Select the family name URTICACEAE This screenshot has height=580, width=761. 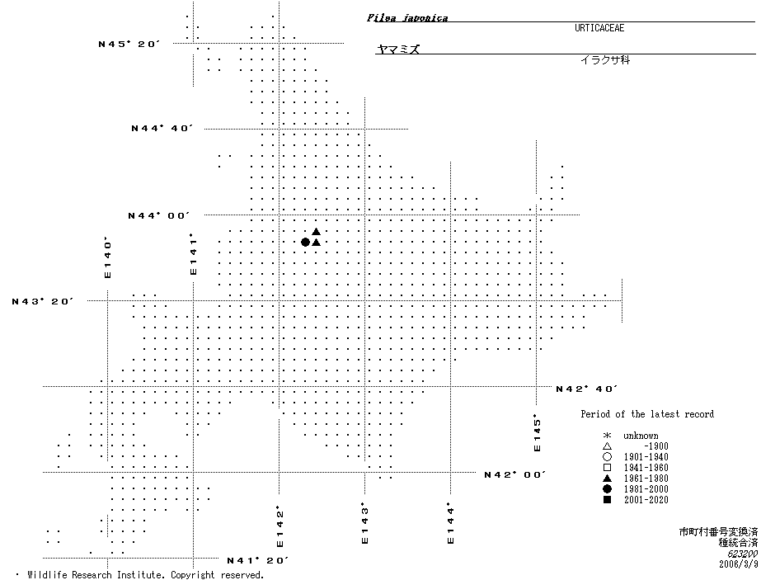pyautogui.click(x=599, y=28)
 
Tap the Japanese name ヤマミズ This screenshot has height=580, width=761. pyautogui.click(x=398, y=50)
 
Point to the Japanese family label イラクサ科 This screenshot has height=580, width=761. pyautogui.click(x=604, y=60)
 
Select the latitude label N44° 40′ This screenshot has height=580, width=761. pyautogui.click(x=162, y=129)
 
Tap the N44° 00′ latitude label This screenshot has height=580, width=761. pyautogui.click(x=158, y=215)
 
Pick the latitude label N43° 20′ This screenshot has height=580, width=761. pyautogui.click(x=43, y=301)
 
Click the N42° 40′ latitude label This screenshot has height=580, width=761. pyautogui.click(x=586, y=389)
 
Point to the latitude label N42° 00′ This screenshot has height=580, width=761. pyautogui.click(x=514, y=474)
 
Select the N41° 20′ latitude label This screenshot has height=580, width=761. pyautogui.click(x=258, y=561)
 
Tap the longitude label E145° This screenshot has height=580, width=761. pyautogui.click(x=537, y=432)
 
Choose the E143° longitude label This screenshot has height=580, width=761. pyautogui.click(x=364, y=524)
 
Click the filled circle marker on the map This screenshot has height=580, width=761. pyautogui.click(x=305, y=242)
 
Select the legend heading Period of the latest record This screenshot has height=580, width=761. pyautogui.click(x=647, y=414)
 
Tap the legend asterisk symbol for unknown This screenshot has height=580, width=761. pyautogui.click(x=607, y=436)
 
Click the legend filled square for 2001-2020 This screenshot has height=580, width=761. pyautogui.click(x=607, y=500)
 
